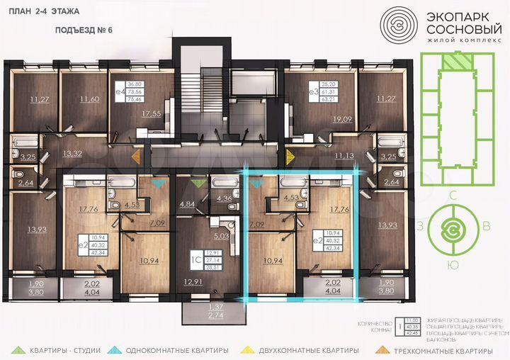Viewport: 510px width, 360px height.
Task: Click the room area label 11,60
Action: pyautogui.click(x=90, y=99)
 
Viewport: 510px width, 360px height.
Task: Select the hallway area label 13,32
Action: pyautogui.click(x=72, y=152)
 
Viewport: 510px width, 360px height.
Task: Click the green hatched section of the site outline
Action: pyautogui.click(x=451, y=63)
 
